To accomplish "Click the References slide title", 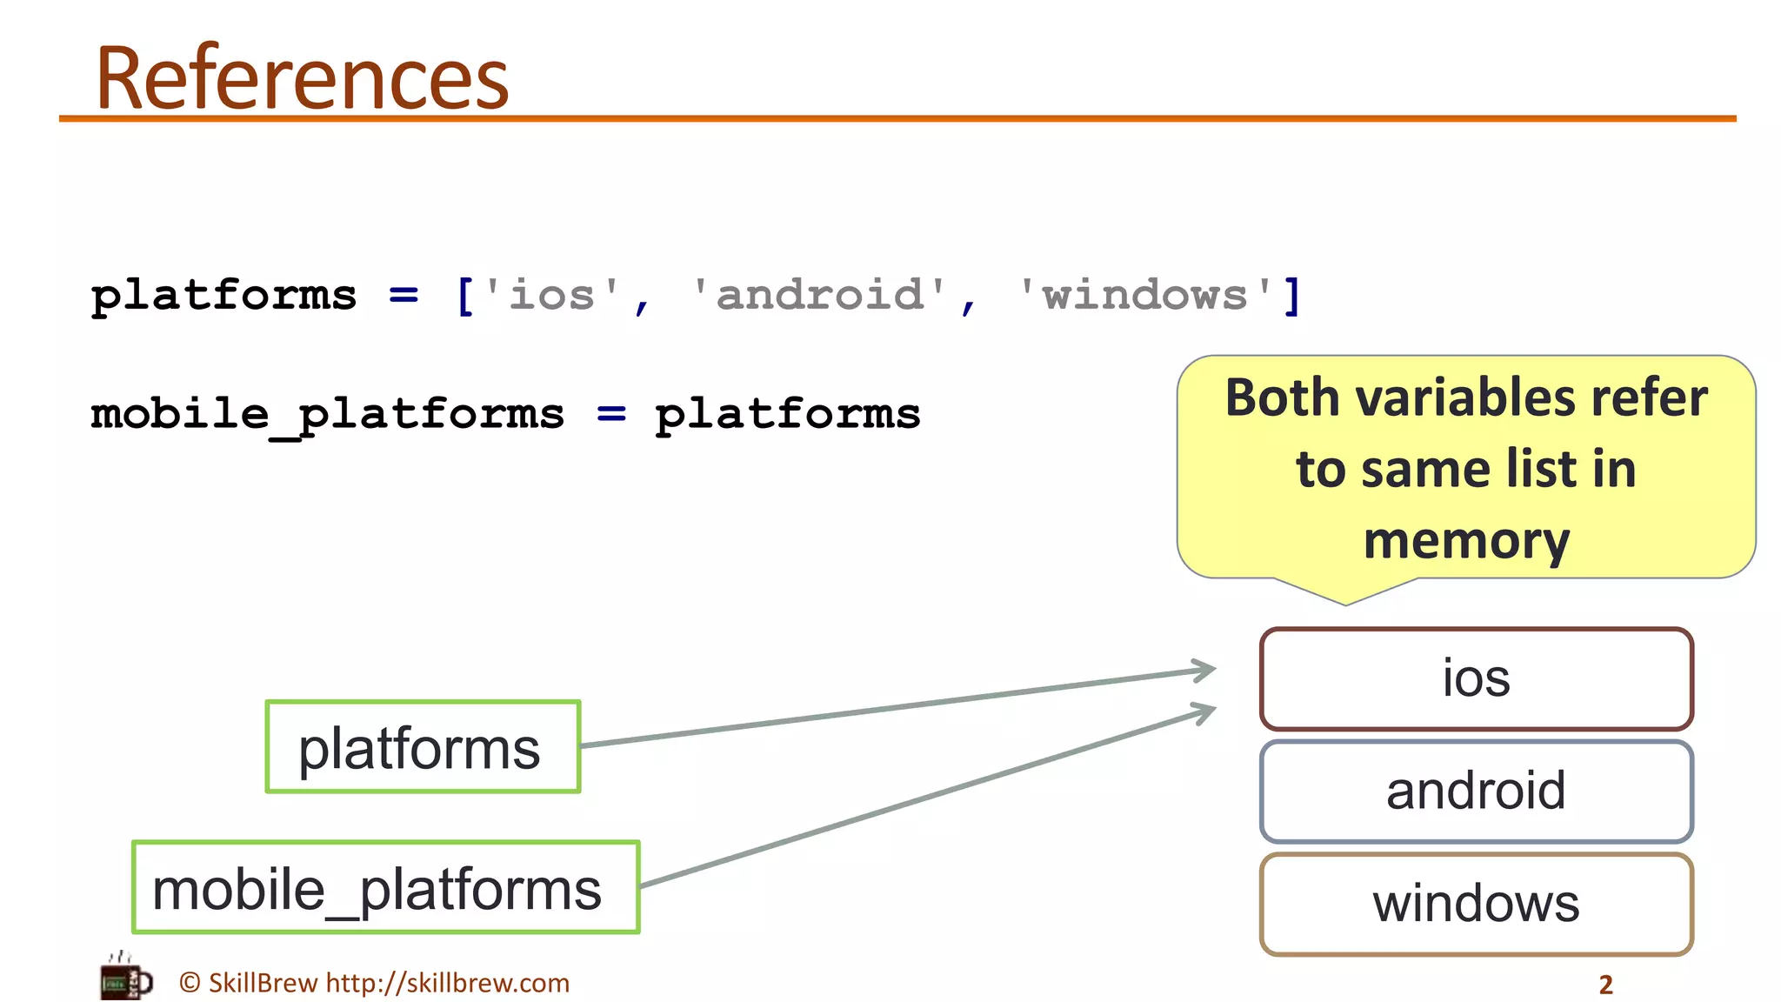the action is point(302,78).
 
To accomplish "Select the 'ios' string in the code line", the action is point(551,295).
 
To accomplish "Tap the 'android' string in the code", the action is point(818,295).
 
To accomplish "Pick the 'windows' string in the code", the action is point(1144,295).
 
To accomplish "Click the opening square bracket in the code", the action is point(465,296).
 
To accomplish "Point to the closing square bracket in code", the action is point(1292,296).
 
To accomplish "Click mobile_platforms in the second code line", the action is point(328,415).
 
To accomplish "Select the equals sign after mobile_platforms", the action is point(611,415).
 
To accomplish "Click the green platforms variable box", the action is point(423,747).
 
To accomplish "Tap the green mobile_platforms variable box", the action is point(386,887).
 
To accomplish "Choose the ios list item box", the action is point(1477,678).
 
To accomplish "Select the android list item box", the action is point(1477,791).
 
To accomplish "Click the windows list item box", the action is point(1477,904).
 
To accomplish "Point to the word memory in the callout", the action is point(1466,541).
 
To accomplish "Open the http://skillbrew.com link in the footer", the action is point(447,983).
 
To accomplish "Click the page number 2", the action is point(1605,985).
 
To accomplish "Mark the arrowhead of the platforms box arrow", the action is point(1211,670).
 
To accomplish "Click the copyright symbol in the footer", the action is point(190,983).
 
